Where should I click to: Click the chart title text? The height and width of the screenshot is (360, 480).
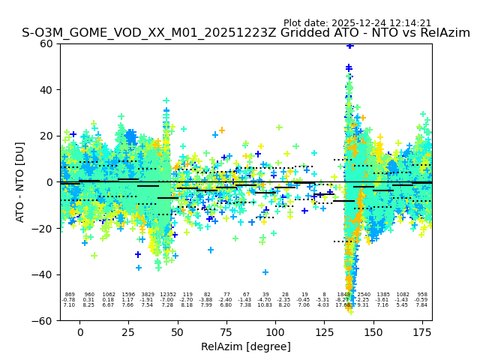(x=246, y=33)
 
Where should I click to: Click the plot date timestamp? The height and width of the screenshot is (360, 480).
(x=357, y=23)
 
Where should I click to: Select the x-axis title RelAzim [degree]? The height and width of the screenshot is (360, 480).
(x=246, y=346)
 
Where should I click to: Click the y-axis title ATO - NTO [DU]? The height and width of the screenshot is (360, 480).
(x=20, y=181)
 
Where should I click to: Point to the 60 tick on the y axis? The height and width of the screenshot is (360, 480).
(x=46, y=43)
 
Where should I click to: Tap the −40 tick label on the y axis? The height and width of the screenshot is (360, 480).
(x=43, y=274)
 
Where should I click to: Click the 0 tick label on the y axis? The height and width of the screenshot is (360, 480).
(x=49, y=182)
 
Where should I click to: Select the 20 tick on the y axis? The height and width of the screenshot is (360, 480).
(x=46, y=136)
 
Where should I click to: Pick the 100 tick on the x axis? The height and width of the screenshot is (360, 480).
(x=275, y=331)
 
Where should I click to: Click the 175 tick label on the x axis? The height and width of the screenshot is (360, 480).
(x=422, y=331)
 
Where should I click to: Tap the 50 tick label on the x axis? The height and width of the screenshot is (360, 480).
(x=178, y=331)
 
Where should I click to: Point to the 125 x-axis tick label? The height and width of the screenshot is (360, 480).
(x=324, y=331)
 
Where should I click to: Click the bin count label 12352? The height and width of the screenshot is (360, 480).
(x=167, y=295)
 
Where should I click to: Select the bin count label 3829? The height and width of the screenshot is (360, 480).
(x=148, y=295)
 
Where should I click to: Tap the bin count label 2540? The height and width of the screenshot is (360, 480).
(x=364, y=295)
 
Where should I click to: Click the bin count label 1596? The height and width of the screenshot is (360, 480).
(x=128, y=295)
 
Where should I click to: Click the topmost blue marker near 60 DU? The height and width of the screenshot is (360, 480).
(x=349, y=46)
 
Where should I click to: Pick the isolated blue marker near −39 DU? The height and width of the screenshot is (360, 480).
(x=265, y=272)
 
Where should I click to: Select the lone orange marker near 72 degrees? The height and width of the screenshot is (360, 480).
(x=221, y=130)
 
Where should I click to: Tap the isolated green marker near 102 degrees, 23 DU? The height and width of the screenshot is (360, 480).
(x=279, y=127)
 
